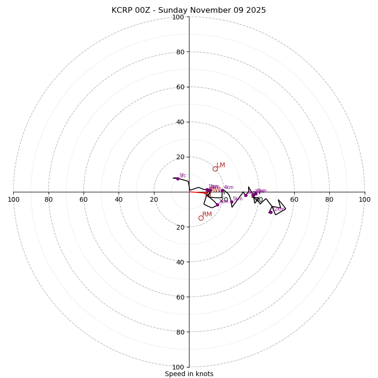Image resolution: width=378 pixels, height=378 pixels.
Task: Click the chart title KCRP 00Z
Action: [189, 10]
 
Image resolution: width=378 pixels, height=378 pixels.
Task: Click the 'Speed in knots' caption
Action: [189, 374]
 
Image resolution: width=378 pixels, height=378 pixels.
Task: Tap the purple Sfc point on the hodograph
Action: [178, 179]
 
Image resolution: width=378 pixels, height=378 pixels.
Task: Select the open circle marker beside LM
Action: [215, 169]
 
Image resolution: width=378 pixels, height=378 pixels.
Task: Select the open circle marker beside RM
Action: [201, 218]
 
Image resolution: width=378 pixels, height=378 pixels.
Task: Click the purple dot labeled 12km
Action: [271, 212]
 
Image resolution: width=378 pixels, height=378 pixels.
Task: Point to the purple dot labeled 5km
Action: [232, 202]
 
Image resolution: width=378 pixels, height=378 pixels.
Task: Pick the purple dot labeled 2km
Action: [217, 205]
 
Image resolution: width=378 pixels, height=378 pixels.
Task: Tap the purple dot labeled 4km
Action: [223, 190]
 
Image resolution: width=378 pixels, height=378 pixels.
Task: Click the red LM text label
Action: [221, 165]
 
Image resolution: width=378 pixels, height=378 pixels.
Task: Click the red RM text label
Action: [207, 215]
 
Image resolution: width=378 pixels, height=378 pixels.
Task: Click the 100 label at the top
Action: [178, 17]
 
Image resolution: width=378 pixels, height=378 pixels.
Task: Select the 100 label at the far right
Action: [364, 199]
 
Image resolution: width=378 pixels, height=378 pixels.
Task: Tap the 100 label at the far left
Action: [14, 199]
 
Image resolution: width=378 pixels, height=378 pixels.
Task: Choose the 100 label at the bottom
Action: [178, 367]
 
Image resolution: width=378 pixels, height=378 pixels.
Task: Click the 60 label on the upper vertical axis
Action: [180, 87]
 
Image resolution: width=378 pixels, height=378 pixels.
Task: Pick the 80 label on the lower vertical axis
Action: [180, 332]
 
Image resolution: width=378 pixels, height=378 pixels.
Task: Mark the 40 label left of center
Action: [119, 199]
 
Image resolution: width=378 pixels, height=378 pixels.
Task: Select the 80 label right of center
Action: [329, 199]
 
